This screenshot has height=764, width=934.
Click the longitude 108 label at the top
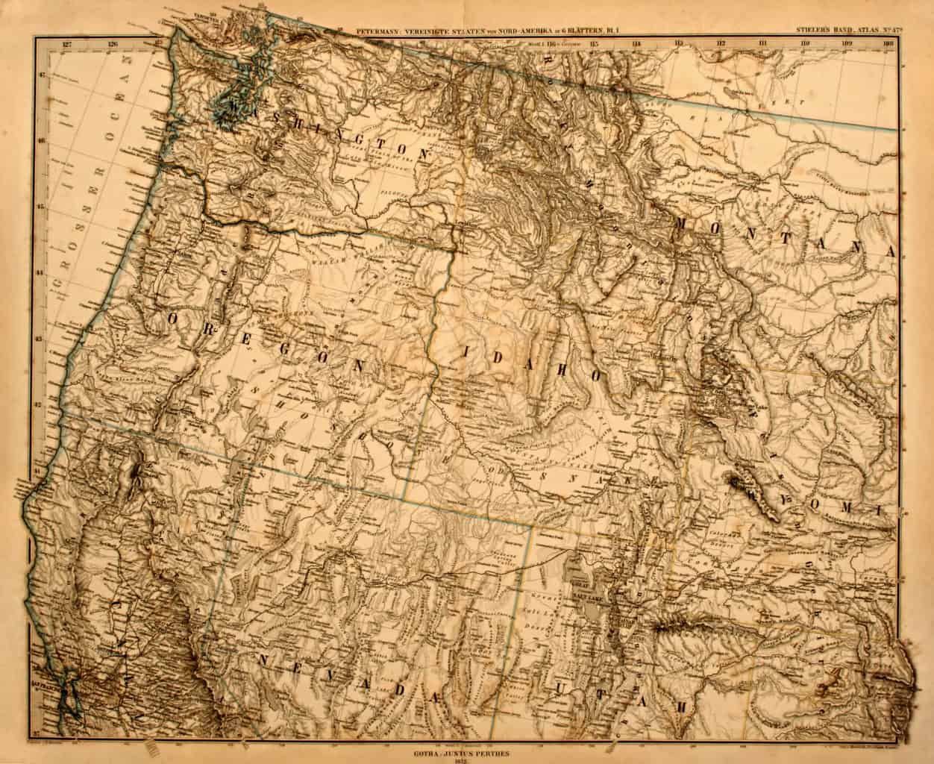pos(888,44)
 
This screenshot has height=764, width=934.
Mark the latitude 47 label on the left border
pos(43,75)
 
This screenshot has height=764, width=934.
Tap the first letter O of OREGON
pos(174,319)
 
